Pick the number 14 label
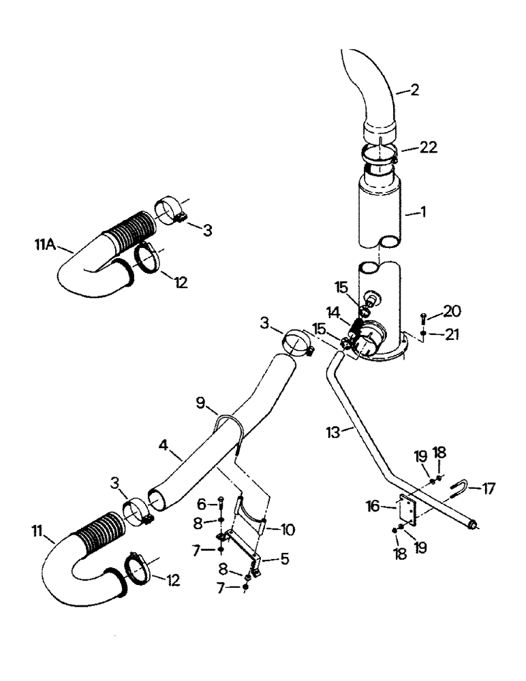click(335, 313)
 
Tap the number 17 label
click(489, 488)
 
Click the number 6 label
click(202, 505)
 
